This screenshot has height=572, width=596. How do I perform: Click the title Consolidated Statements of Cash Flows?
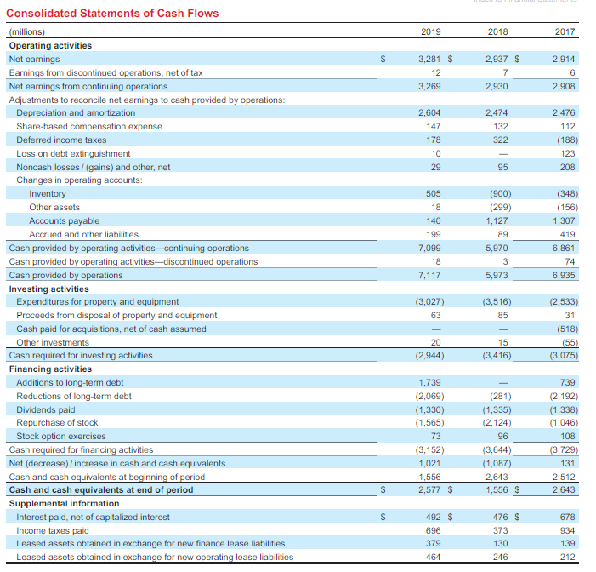point(112,13)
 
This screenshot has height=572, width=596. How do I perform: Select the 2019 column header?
point(430,32)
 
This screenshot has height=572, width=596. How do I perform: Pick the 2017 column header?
point(565,32)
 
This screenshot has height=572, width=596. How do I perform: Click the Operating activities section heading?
point(50,45)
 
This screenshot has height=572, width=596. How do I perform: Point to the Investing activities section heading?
point(48,289)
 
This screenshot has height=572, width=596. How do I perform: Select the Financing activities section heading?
point(50,369)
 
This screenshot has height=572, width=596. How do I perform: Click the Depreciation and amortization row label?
point(76,112)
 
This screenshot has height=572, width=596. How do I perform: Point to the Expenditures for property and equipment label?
point(98,301)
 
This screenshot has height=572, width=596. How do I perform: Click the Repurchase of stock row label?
point(57,422)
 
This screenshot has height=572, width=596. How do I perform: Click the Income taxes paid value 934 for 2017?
point(566,530)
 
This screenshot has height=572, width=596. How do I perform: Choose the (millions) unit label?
point(26,32)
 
